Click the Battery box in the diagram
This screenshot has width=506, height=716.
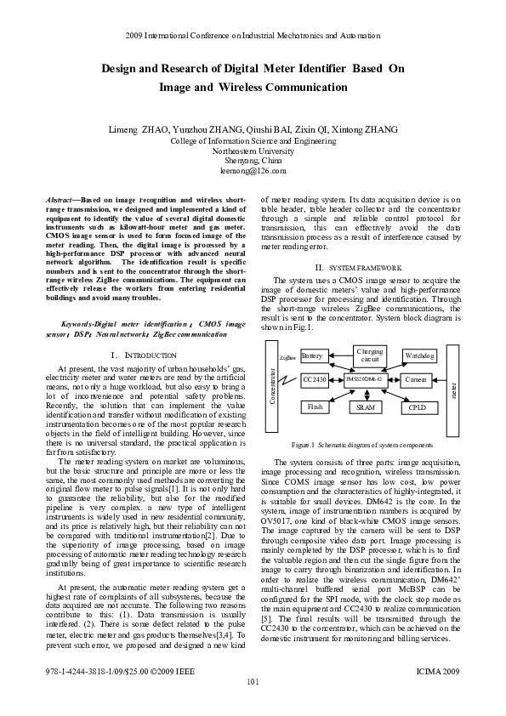point(312,356)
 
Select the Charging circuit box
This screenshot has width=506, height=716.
point(368,355)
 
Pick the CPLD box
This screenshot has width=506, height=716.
point(417,407)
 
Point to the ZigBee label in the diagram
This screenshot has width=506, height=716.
point(287,360)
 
